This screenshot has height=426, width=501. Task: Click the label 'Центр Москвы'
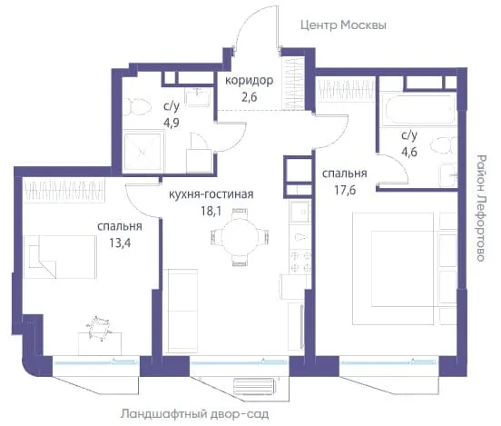pos(343,25)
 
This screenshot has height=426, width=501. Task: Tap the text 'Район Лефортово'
pos(480,208)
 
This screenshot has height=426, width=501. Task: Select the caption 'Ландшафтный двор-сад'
pos(194,414)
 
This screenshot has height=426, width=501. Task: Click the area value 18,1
pos(211,211)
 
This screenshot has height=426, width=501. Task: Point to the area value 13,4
pos(120,243)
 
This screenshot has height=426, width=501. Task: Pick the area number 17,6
pos(345,190)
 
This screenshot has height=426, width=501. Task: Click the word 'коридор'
pos(250,81)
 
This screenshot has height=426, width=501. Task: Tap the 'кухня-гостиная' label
pos(211,194)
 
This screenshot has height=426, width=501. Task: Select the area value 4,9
pos(172,123)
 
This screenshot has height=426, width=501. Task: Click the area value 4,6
pos(409,152)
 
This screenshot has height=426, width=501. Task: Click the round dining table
pos(240,237)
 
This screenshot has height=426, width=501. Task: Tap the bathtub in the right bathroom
pos(418,109)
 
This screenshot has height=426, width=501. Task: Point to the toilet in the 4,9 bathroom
pos(137,107)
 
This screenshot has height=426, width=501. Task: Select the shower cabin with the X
pos(142,151)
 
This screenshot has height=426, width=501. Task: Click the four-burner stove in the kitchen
pos(301,261)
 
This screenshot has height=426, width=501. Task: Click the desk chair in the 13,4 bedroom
pos(99,328)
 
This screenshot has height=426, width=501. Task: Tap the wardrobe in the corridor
pos(293,84)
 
